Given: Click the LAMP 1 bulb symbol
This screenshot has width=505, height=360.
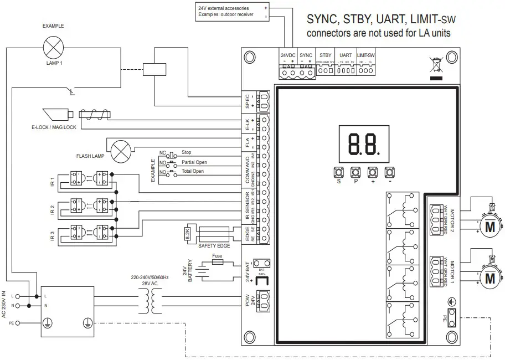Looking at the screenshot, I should (x=53, y=47).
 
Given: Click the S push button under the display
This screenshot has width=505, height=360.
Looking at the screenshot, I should (x=339, y=172).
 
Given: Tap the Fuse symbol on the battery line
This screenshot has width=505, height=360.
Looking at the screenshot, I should (x=218, y=263).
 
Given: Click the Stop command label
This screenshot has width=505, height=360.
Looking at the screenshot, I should (x=186, y=152).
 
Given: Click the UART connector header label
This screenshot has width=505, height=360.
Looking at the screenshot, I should (x=345, y=55).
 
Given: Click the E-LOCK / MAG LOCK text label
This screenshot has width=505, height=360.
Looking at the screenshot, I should (x=54, y=127).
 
